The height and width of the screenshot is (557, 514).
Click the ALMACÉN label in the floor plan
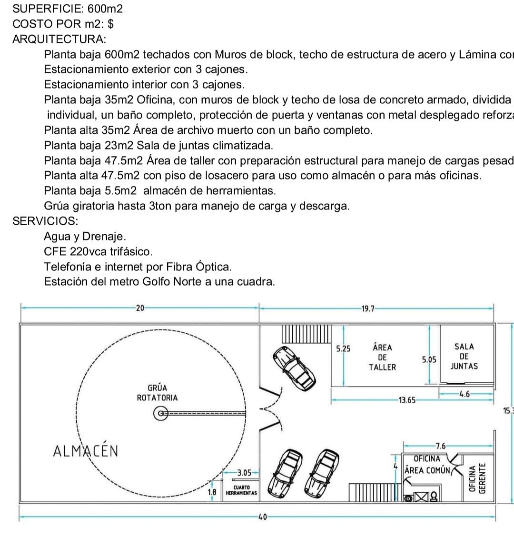click(86, 451)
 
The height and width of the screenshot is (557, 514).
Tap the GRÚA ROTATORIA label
click(157, 393)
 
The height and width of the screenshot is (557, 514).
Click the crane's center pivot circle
click(161, 413)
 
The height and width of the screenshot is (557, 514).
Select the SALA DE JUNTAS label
click(464, 357)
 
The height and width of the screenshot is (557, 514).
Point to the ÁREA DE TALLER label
click(382, 357)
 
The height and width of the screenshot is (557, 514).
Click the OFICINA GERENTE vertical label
click(477, 479)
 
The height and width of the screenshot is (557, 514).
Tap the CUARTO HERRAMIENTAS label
click(241, 490)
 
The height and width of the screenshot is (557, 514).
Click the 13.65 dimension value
click(407, 400)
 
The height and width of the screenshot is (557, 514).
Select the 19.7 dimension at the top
click(368, 308)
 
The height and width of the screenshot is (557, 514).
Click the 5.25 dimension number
click(343, 348)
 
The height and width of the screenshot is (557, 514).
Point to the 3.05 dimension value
click(244, 473)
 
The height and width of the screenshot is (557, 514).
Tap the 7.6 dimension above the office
click(441, 446)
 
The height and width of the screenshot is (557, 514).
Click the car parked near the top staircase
click(292, 367)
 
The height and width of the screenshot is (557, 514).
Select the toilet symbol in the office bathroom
click(434, 497)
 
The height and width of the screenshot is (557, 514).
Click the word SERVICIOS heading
click(45, 221)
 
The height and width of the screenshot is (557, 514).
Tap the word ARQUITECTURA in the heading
click(59, 39)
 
